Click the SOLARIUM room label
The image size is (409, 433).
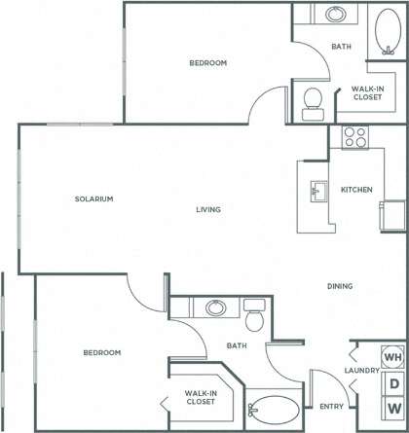pos(94,198)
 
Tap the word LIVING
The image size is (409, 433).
pos(207,209)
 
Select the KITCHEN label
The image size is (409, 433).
pos(355,189)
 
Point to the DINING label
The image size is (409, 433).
pos(340,286)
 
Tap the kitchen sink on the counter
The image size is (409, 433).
pos(317,189)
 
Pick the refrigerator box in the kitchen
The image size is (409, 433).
pos(393,214)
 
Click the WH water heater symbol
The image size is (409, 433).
pos(393,357)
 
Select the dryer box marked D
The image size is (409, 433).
pos(394,382)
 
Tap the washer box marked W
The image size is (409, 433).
pos(394,407)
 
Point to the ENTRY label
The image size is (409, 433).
pos(329,407)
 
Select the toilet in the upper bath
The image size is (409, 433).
pos(313,101)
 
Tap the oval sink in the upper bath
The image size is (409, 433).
pos(335,16)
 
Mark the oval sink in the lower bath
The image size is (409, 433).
pos(215,308)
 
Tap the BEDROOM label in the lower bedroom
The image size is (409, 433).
pos(101,352)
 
